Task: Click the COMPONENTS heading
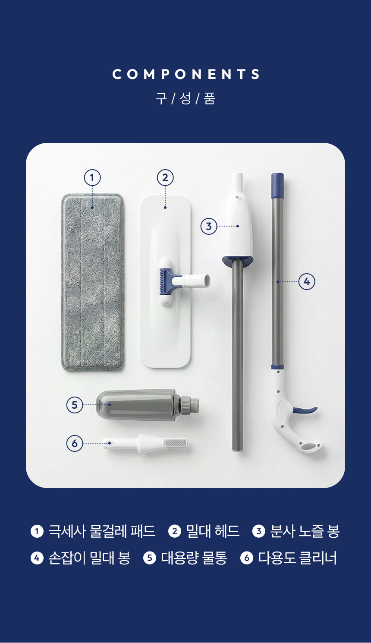186,74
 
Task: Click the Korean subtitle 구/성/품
185,98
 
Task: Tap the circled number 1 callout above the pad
92,178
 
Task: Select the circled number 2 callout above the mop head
165,178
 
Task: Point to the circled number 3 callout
209,226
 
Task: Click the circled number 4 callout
307,282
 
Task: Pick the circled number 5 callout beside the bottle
75,405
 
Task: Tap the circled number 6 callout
75,443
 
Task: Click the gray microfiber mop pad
93,282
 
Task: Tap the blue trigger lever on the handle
305,410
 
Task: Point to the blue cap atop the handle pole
277,186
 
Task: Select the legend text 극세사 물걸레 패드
102,531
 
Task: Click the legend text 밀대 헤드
213,531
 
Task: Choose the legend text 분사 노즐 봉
305,531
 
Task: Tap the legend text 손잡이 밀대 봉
89,558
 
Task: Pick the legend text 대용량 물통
194,558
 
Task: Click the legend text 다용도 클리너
298,558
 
